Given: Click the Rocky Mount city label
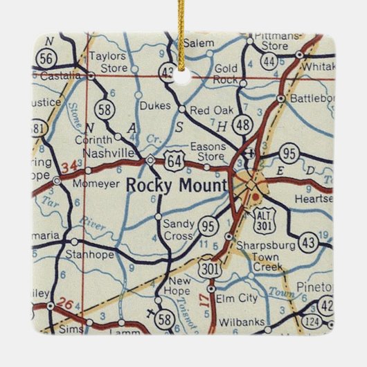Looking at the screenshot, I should (177, 186).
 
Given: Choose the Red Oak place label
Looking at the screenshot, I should (211, 109).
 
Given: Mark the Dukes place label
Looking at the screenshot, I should (154, 107).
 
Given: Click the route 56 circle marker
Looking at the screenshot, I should (46, 57).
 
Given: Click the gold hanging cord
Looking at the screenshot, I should (184, 28).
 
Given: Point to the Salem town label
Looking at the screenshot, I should (199, 43).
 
